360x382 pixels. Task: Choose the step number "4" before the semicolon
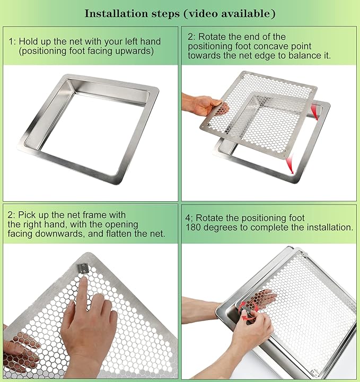click(188, 218)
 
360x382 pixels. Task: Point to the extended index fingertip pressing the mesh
click(82, 282)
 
